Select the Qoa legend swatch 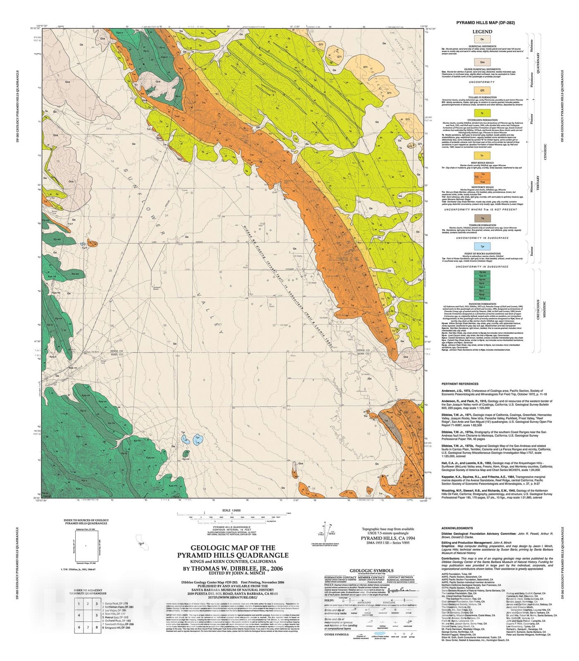(482, 62)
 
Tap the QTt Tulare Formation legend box (482, 90)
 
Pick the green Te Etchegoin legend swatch (482, 112)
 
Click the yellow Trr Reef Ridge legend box (482, 155)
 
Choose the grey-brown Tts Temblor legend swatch (482, 218)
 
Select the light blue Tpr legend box (482, 247)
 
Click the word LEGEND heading (482, 31)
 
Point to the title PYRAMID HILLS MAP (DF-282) (485, 23)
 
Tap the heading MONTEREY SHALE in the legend (482, 187)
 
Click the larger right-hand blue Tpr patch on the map (198, 438)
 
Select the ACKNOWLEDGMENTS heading (457, 528)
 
